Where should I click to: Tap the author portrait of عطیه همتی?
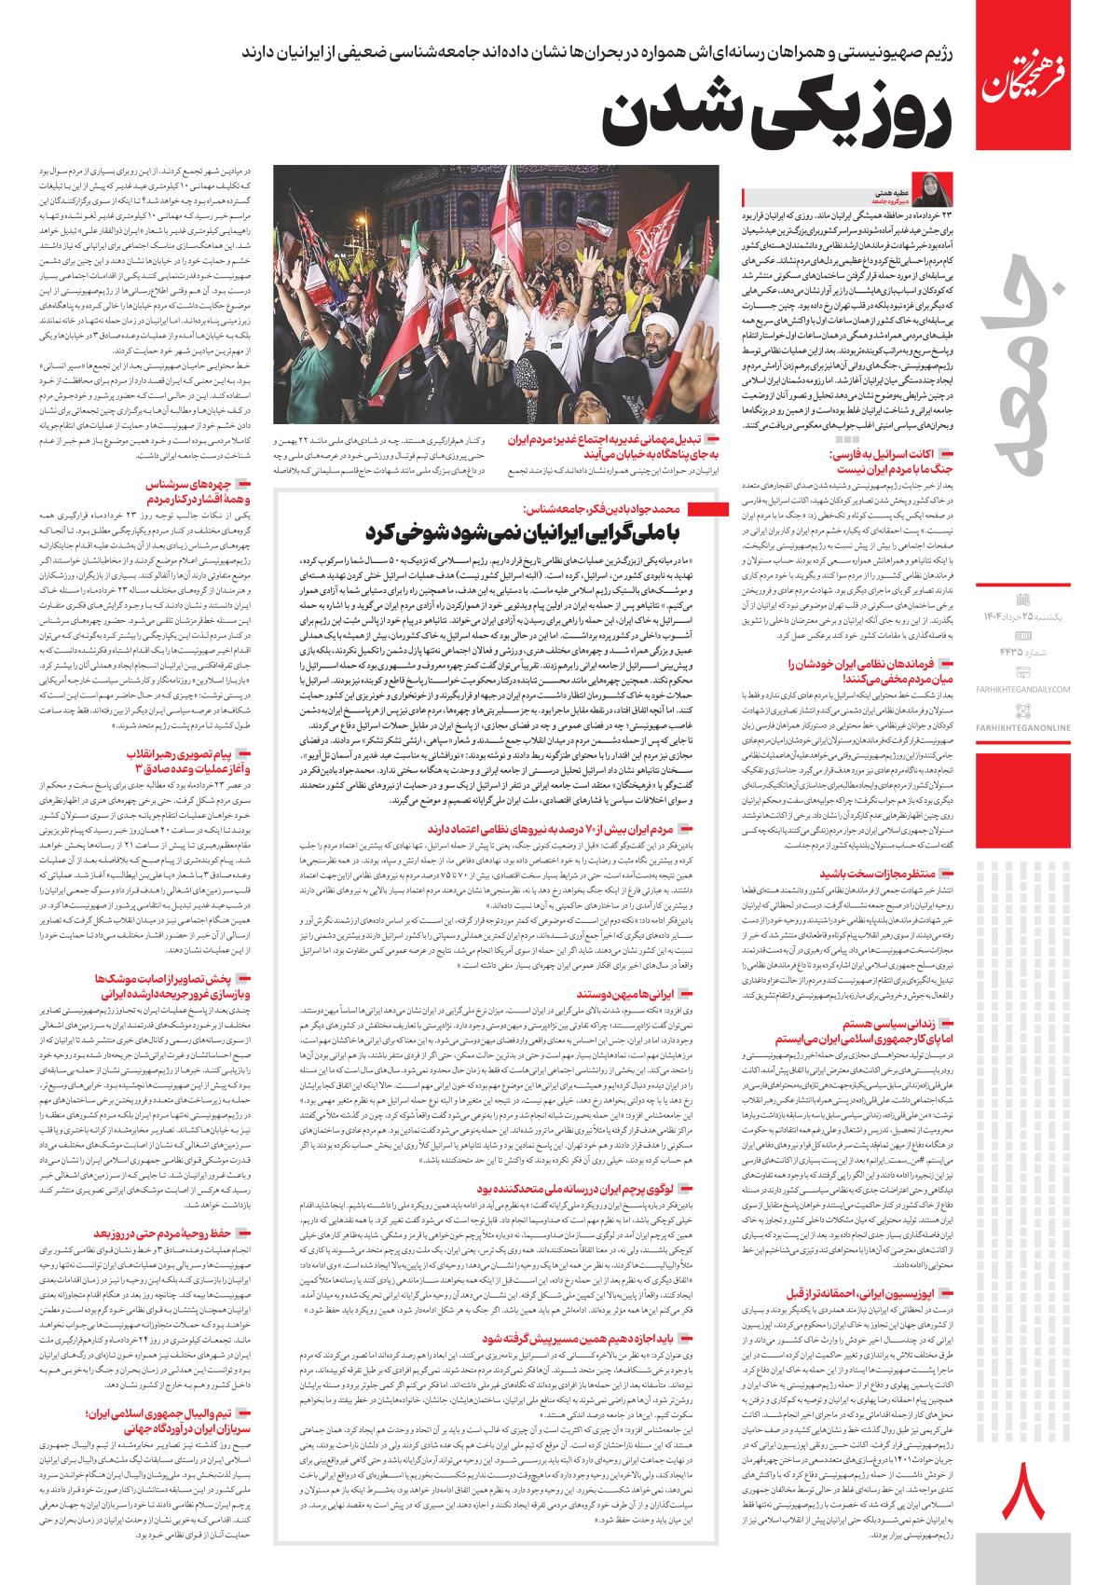point(936,186)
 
